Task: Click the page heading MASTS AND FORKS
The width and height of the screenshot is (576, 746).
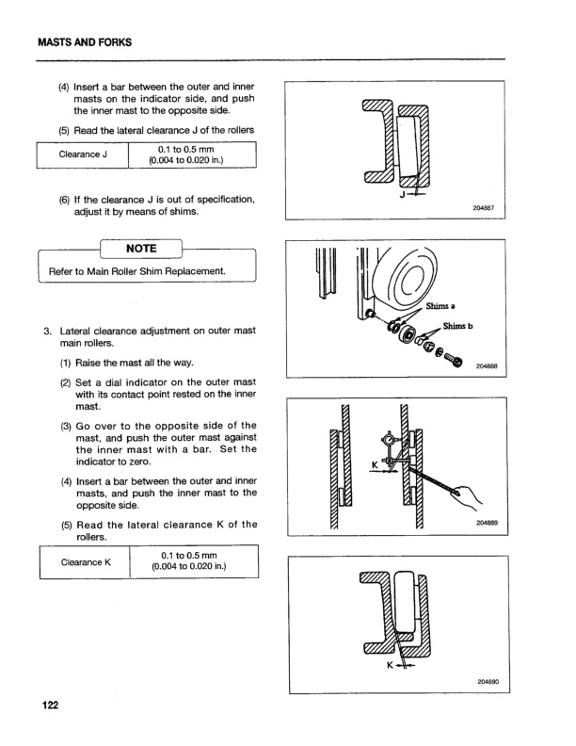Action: click(85, 42)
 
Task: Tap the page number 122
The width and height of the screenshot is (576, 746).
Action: click(48, 706)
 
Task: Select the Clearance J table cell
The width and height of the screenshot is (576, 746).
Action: click(81, 154)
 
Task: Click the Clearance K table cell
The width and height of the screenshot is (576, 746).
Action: click(81, 563)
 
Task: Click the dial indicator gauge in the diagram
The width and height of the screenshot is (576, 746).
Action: click(388, 440)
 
